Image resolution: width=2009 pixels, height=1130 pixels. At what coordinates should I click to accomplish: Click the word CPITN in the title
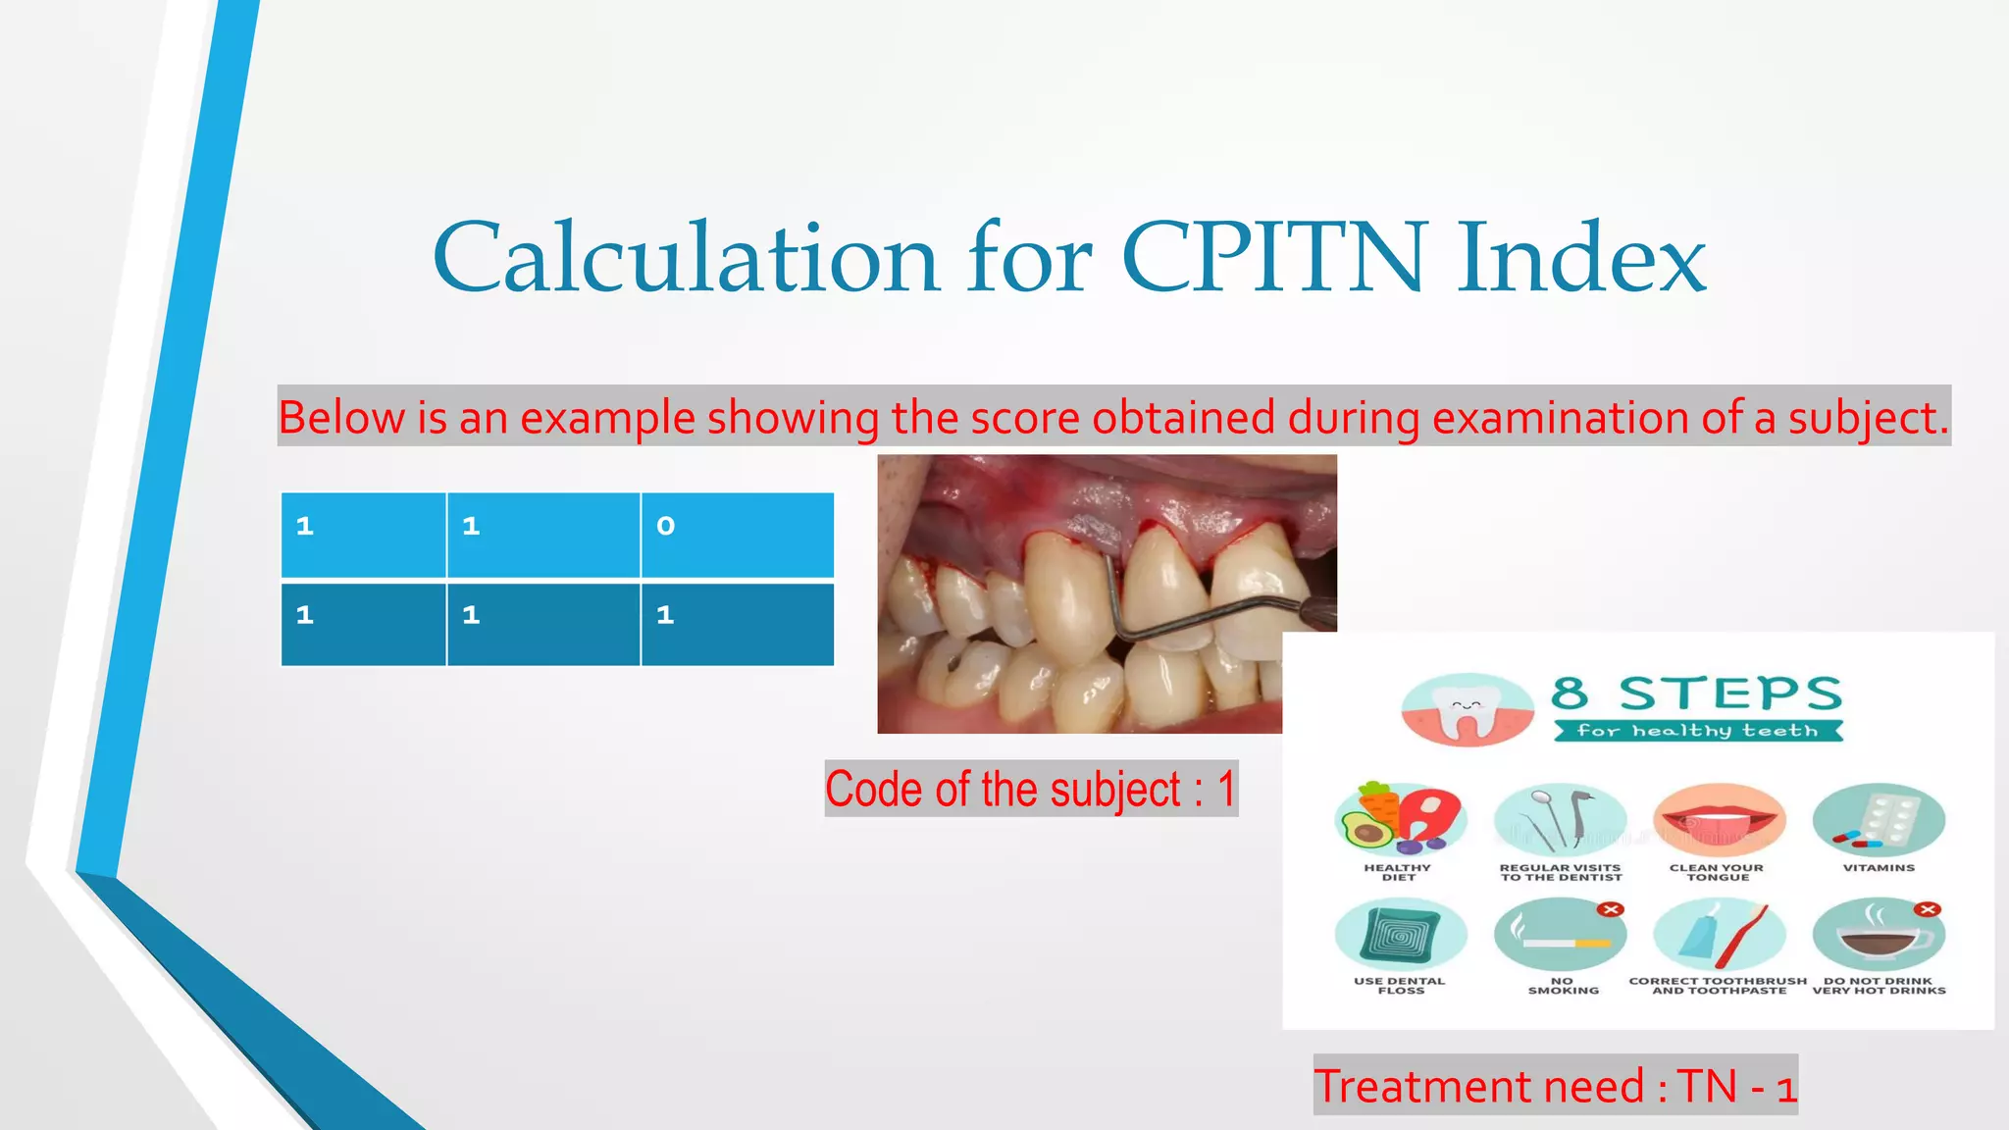point(1273,258)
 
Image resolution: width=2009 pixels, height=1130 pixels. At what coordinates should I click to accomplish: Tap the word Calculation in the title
point(686,258)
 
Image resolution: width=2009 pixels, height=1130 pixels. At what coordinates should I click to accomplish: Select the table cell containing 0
point(737,535)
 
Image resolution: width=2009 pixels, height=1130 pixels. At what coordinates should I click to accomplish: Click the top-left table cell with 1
point(363,535)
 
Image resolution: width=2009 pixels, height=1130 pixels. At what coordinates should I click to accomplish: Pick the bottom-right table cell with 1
point(737,624)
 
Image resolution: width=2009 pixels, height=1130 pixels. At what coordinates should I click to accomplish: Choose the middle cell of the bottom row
point(542,624)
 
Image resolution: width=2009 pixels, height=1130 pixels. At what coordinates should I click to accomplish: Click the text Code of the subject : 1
point(1030,789)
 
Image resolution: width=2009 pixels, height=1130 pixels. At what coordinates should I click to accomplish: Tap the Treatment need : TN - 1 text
point(1555,1086)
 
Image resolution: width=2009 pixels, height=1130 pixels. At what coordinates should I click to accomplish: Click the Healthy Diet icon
point(1400,820)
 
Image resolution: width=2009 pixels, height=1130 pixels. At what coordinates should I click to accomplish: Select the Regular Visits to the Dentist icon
point(1560,820)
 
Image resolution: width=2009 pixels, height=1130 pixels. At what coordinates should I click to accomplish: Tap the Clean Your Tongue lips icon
point(1718,820)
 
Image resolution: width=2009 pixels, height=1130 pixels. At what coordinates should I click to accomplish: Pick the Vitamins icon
point(1878,820)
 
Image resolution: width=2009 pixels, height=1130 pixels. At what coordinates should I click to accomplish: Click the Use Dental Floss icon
point(1400,935)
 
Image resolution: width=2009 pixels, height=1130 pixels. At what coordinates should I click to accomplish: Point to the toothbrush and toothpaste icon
point(1718,935)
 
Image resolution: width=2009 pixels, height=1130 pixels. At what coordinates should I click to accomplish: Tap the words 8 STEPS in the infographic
point(1696,693)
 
